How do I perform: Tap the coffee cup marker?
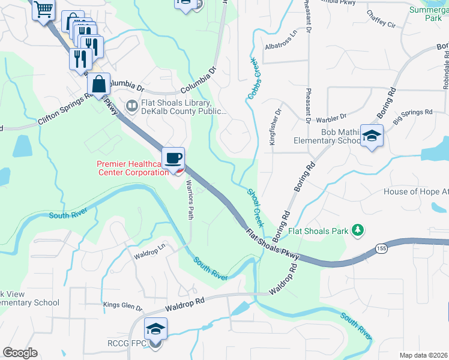click(x=173, y=158)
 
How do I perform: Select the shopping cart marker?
click(x=43, y=10)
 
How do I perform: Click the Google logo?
click(x=20, y=353)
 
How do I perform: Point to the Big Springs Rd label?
click(x=413, y=112)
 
